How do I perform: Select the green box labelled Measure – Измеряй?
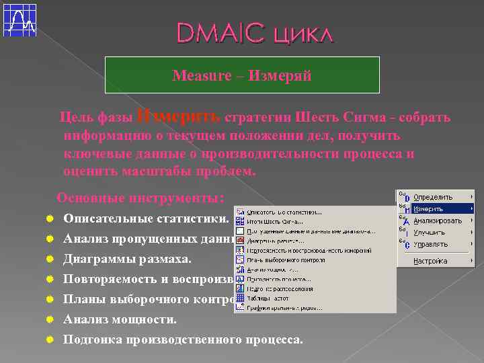click(242, 75)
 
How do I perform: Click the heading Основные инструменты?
click(140, 198)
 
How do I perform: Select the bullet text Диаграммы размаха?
click(127, 258)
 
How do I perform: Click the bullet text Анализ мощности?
click(120, 319)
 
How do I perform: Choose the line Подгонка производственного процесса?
click(183, 339)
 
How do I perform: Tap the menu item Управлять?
click(430, 245)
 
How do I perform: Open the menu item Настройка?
click(430, 261)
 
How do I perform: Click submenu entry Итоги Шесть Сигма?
click(276, 221)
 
